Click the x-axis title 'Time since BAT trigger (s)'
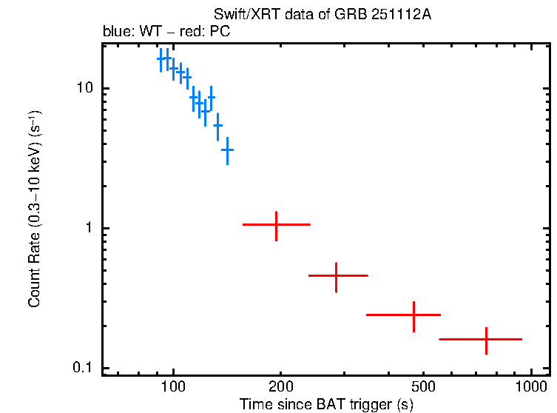click(326, 404)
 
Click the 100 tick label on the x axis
click(173, 387)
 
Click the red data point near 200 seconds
click(276, 224)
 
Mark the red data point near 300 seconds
click(337, 275)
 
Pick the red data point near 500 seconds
click(414, 315)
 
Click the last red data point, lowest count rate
click(486, 339)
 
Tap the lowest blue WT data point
click(227, 150)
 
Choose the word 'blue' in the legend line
click(115, 33)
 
